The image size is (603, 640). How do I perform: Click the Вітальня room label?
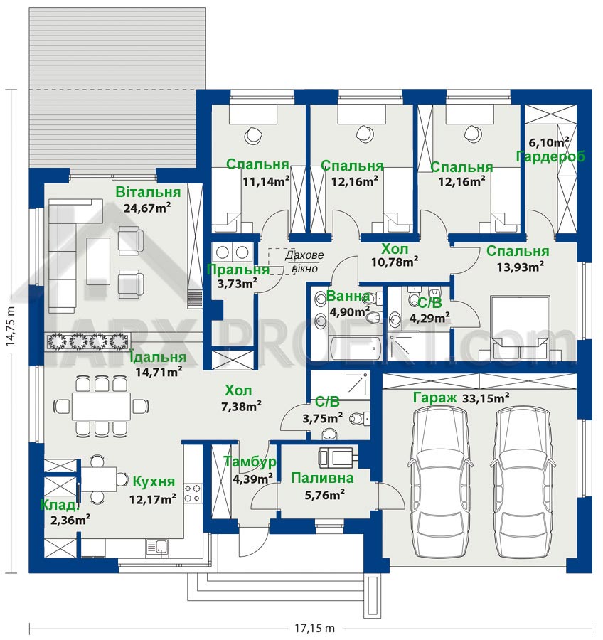point(148,192)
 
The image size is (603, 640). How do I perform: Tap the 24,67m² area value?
point(147,208)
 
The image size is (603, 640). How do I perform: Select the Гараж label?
point(434,398)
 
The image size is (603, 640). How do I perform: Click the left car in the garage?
point(440,483)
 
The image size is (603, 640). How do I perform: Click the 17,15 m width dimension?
point(314,628)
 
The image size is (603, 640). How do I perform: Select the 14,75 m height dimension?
point(11,326)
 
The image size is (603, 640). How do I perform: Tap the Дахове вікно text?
point(304,262)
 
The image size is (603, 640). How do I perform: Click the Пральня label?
point(238,270)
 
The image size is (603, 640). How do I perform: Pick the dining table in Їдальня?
point(101,406)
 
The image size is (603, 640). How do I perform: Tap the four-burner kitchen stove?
point(192,493)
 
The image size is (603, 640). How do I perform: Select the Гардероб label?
point(551,156)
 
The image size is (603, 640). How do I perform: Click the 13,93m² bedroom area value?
point(520,267)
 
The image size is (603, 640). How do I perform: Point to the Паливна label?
point(322,478)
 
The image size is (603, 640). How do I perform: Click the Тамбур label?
point(250,462)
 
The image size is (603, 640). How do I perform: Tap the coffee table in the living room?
point(98,261)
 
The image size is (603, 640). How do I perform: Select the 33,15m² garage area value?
point(486,398)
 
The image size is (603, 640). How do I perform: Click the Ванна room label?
point(348,296)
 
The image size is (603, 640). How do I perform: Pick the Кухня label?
point(154,481)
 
